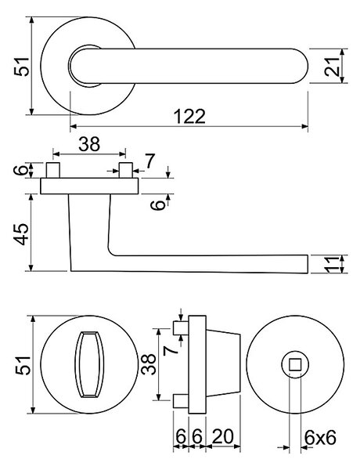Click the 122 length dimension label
pos(190,116)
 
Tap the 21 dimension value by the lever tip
pos(333,67)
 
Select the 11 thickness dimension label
pos(333,265)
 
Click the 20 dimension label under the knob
pos(222,436)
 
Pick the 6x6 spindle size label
pos(320,438)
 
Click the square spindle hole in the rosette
pos(295,364)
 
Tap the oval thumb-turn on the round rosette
pos(89,364)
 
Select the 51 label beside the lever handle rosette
pos(22,67)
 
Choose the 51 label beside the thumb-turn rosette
pos(23,365)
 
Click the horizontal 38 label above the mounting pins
pos(89,144)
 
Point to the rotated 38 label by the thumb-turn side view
pos(149,364)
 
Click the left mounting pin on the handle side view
pos(53,170)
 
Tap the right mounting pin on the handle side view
pos(126,170)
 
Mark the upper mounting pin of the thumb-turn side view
pos(182,328)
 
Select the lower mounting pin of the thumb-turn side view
pos(182,401)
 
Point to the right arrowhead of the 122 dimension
pos(305,126)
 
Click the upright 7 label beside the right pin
pos(150,161)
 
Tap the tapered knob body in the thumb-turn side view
pos(223,364)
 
